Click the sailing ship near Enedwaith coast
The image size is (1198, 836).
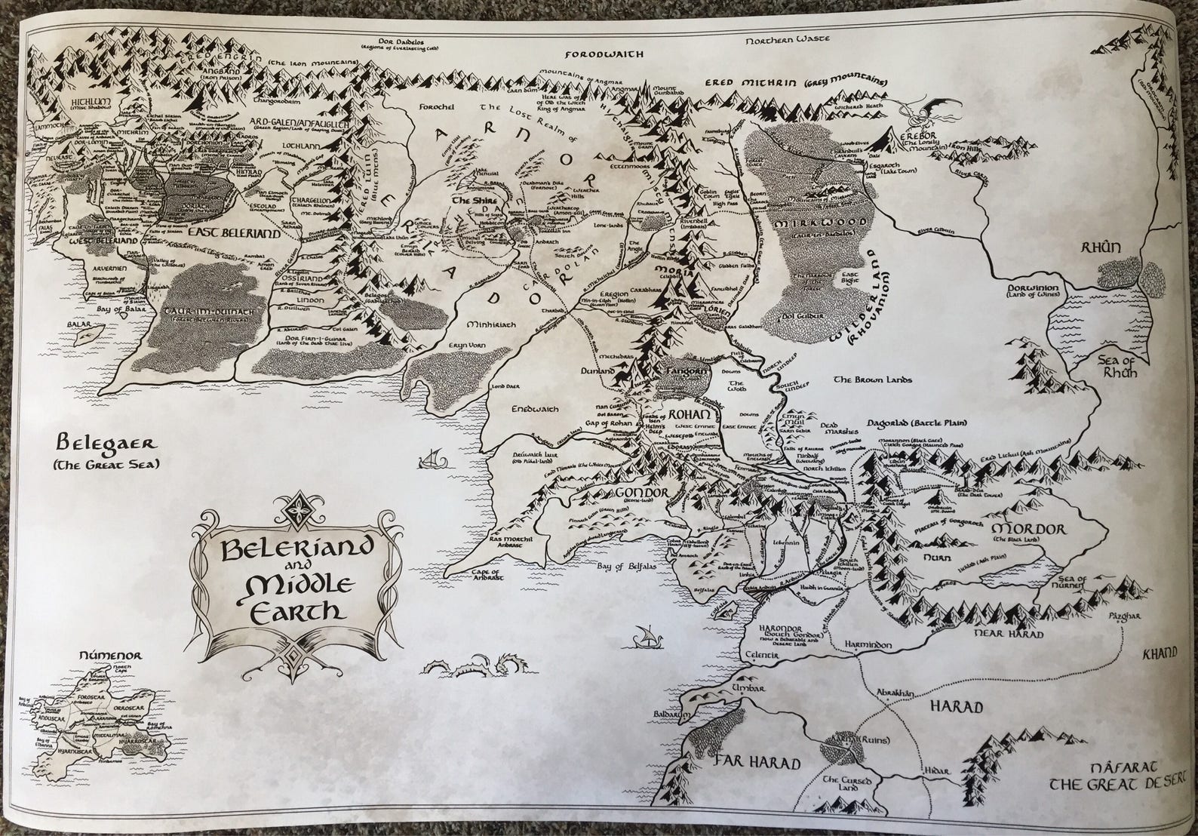(430, 458)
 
